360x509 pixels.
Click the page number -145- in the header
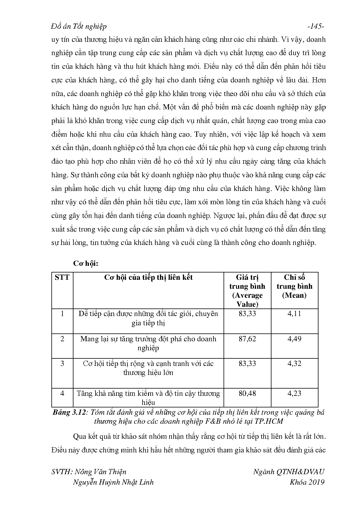pos(315,26)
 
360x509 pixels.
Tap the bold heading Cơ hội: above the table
pos(86,263)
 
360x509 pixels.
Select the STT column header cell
pos(62,277)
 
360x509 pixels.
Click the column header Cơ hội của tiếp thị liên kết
pos(148,277)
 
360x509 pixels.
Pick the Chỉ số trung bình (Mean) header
pos(294,286)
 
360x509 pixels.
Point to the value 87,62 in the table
pos(247,339)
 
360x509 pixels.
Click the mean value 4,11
pos(294,314)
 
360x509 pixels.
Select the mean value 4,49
pos(294,339)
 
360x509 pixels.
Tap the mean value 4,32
pos(294,364)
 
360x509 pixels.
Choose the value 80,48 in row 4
pos(247,394)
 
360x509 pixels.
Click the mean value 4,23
pos(294,394)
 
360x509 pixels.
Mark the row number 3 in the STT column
pos(62,364)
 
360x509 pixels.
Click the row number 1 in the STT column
pos(62,314)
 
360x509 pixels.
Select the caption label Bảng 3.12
pos(70,412)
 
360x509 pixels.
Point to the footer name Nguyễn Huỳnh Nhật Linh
pos(113,482)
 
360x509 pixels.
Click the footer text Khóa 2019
pos(307,482)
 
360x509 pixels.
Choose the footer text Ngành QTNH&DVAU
pos(289,472)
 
